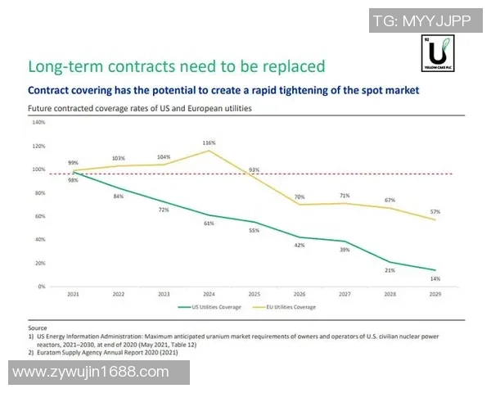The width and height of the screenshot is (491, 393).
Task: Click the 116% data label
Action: coord(209,142)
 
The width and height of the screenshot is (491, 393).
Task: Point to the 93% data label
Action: coord(255,170)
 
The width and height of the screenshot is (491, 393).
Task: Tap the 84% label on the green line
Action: coord(119,196)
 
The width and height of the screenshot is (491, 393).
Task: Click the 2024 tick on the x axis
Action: coord(209,293)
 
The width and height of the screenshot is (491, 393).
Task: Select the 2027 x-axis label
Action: coord(345,293)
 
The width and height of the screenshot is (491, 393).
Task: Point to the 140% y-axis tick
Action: coord(38,123)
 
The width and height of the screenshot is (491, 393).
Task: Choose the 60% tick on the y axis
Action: coord(39,217)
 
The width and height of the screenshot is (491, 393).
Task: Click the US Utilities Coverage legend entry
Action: coord(210,307)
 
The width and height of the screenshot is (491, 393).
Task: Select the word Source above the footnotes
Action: coord(37,327)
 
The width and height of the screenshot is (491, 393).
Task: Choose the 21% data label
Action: coord(390,269)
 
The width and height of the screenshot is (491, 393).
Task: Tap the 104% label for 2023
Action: coord(164,156)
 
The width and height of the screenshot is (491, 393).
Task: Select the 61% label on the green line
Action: coord(209,224)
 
